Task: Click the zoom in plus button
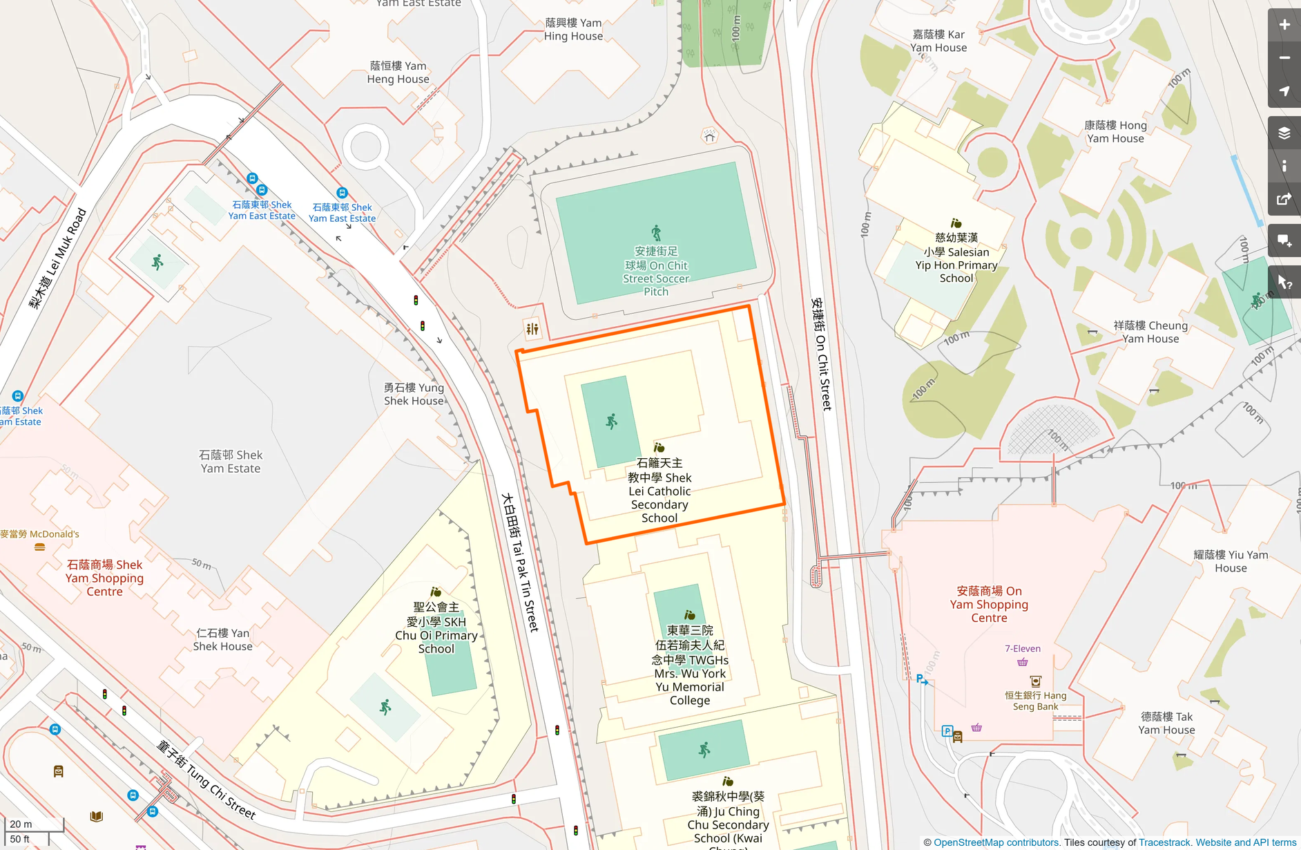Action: pyautogui.click(x=1284, y=25)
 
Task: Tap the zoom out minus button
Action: pyautogui.click(x=1284, y=58)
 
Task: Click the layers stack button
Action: pyautogui.click(x=1284, y=133)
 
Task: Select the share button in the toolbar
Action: pyautogui.click(x=1284, y=200)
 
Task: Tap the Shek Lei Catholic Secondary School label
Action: pyautogui.click(x=659, y=491)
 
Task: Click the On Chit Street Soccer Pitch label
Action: pyautogui.click(x=656, y=272)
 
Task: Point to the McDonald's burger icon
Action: pyautogui.click(x=40, y=547)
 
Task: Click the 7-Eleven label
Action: pyautogui.click(x=1022, y=648)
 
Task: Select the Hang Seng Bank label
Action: pyautogui.click(x=1035, y=701)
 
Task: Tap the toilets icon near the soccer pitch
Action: pyautogui.click(x=532, y=329)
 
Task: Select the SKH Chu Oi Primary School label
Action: pyautogui.click(x=436, y=628)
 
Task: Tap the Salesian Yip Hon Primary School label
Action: pyautogui.click(x=956, y=258)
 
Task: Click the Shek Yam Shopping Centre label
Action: pyautogui.click(x=104, y=578)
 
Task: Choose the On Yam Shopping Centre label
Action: pyautogui.click(x=989, y=604)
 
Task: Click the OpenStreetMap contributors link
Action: pyautogui.click(x=996, y=842)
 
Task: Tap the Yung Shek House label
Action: pyautogui.click(x=414, y=394)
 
